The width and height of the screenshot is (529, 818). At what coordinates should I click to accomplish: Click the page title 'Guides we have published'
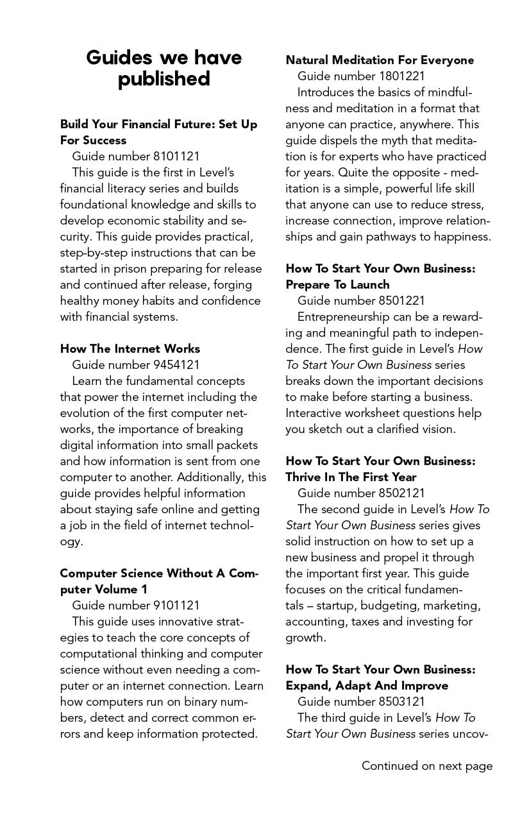click(x=164, y=68)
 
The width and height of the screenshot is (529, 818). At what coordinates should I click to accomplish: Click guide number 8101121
click(x=136, y=156)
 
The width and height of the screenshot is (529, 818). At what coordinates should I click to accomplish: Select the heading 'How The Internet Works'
click(x=130, y=348)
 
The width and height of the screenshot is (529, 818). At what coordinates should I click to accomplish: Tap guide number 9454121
click(x=136, y=364)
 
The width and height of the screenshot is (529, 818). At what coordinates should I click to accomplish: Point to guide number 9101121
click(x=136, y=605)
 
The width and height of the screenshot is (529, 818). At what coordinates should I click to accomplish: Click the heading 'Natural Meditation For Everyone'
click(x=380, y=60)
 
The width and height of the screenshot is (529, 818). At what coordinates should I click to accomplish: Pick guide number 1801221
click(x=361, y=76)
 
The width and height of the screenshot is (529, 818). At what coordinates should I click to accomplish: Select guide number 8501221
click(x=361, y=300)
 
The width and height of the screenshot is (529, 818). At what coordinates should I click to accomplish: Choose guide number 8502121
click(x=361, y=493)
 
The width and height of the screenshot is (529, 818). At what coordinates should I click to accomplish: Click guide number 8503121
click(x=361, y=701)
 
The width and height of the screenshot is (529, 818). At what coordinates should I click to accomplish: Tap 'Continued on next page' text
click(x=427, y=765)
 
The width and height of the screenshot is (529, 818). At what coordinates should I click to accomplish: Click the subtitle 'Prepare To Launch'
click(x=337, y=284)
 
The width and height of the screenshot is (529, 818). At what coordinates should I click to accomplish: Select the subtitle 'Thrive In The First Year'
click(x=351, y=477)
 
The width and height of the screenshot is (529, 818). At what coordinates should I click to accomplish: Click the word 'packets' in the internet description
click(x=237, y=445)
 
